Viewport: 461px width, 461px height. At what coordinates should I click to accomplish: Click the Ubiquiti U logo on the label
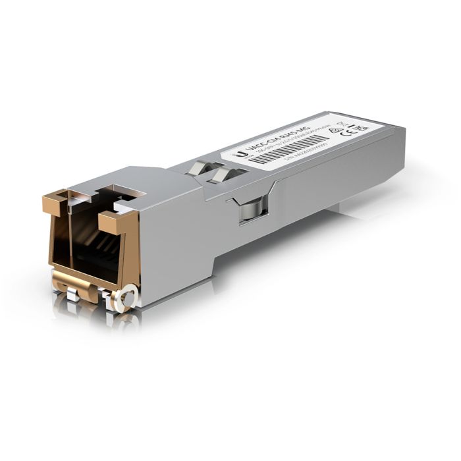(x=243, y=154)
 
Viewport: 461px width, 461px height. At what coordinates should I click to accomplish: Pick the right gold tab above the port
(x=116, y=221)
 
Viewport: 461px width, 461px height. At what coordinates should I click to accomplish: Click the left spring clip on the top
(x=198, y=169)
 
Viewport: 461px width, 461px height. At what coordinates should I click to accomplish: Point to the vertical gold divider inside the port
(x=68, y=244)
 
